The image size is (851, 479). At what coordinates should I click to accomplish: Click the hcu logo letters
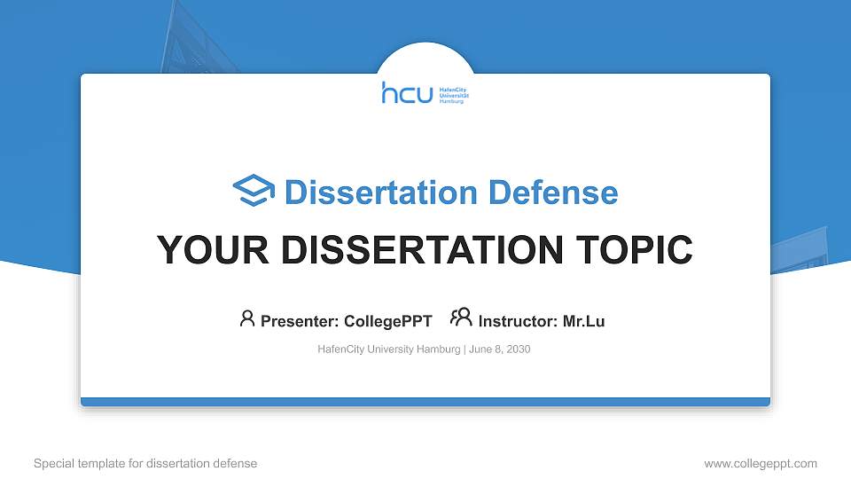(407, 93)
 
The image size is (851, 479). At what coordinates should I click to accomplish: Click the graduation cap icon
(254, 192)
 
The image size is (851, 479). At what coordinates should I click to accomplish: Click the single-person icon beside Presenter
(247, 318)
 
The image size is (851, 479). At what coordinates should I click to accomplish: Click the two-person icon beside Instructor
(461, 318)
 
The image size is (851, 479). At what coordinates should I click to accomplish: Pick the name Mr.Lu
(583, 321)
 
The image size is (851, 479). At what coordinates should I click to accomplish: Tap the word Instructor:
(518, 321)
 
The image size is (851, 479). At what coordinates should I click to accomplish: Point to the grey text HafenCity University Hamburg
(388, 349)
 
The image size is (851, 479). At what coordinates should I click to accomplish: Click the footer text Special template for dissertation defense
(145, 463)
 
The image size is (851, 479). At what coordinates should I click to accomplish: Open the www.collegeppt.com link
(761, 463)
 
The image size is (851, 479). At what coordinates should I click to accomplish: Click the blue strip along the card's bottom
(425, 402)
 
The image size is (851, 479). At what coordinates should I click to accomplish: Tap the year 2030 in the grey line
(518, 349)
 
